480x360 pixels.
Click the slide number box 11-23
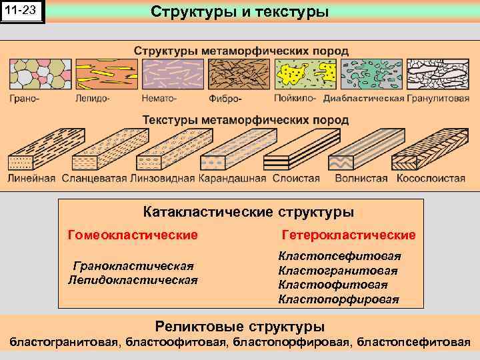pos(23,12)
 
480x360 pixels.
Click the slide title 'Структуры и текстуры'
pos(239,12)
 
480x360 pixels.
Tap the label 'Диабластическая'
pos(364,99)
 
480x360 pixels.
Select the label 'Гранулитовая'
pos(439,99)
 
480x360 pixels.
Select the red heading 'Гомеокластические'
pos(133,235)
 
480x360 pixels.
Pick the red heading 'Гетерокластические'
pos(349,235)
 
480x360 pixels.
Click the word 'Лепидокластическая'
pos(133,279)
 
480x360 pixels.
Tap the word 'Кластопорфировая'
pos(339,299)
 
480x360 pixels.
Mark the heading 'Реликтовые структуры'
pos(240,327)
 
